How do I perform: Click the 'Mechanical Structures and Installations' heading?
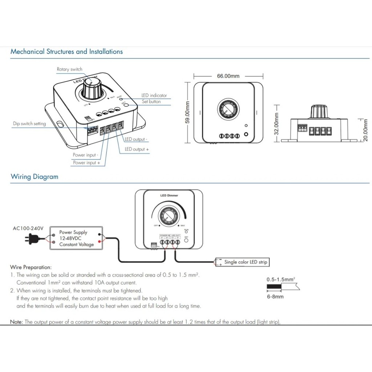click(x=66, y=52)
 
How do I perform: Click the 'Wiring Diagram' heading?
click(x=34, y=177)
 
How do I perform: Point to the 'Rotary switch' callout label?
click(x=69, y=69)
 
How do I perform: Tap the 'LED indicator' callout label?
click(x=154, y=96)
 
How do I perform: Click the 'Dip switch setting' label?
click(x=29, y=124)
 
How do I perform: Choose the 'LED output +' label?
click(x=137, y=149)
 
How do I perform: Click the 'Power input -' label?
click(x=85, y=155)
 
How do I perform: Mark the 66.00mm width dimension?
click(x=228, y=76)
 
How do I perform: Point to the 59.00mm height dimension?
click(x=188, y=112)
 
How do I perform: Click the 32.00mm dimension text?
click(x=276, y=124)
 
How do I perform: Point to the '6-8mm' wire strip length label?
click(x=275, y=296)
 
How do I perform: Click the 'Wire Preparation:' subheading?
click(x=31, y=267)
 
